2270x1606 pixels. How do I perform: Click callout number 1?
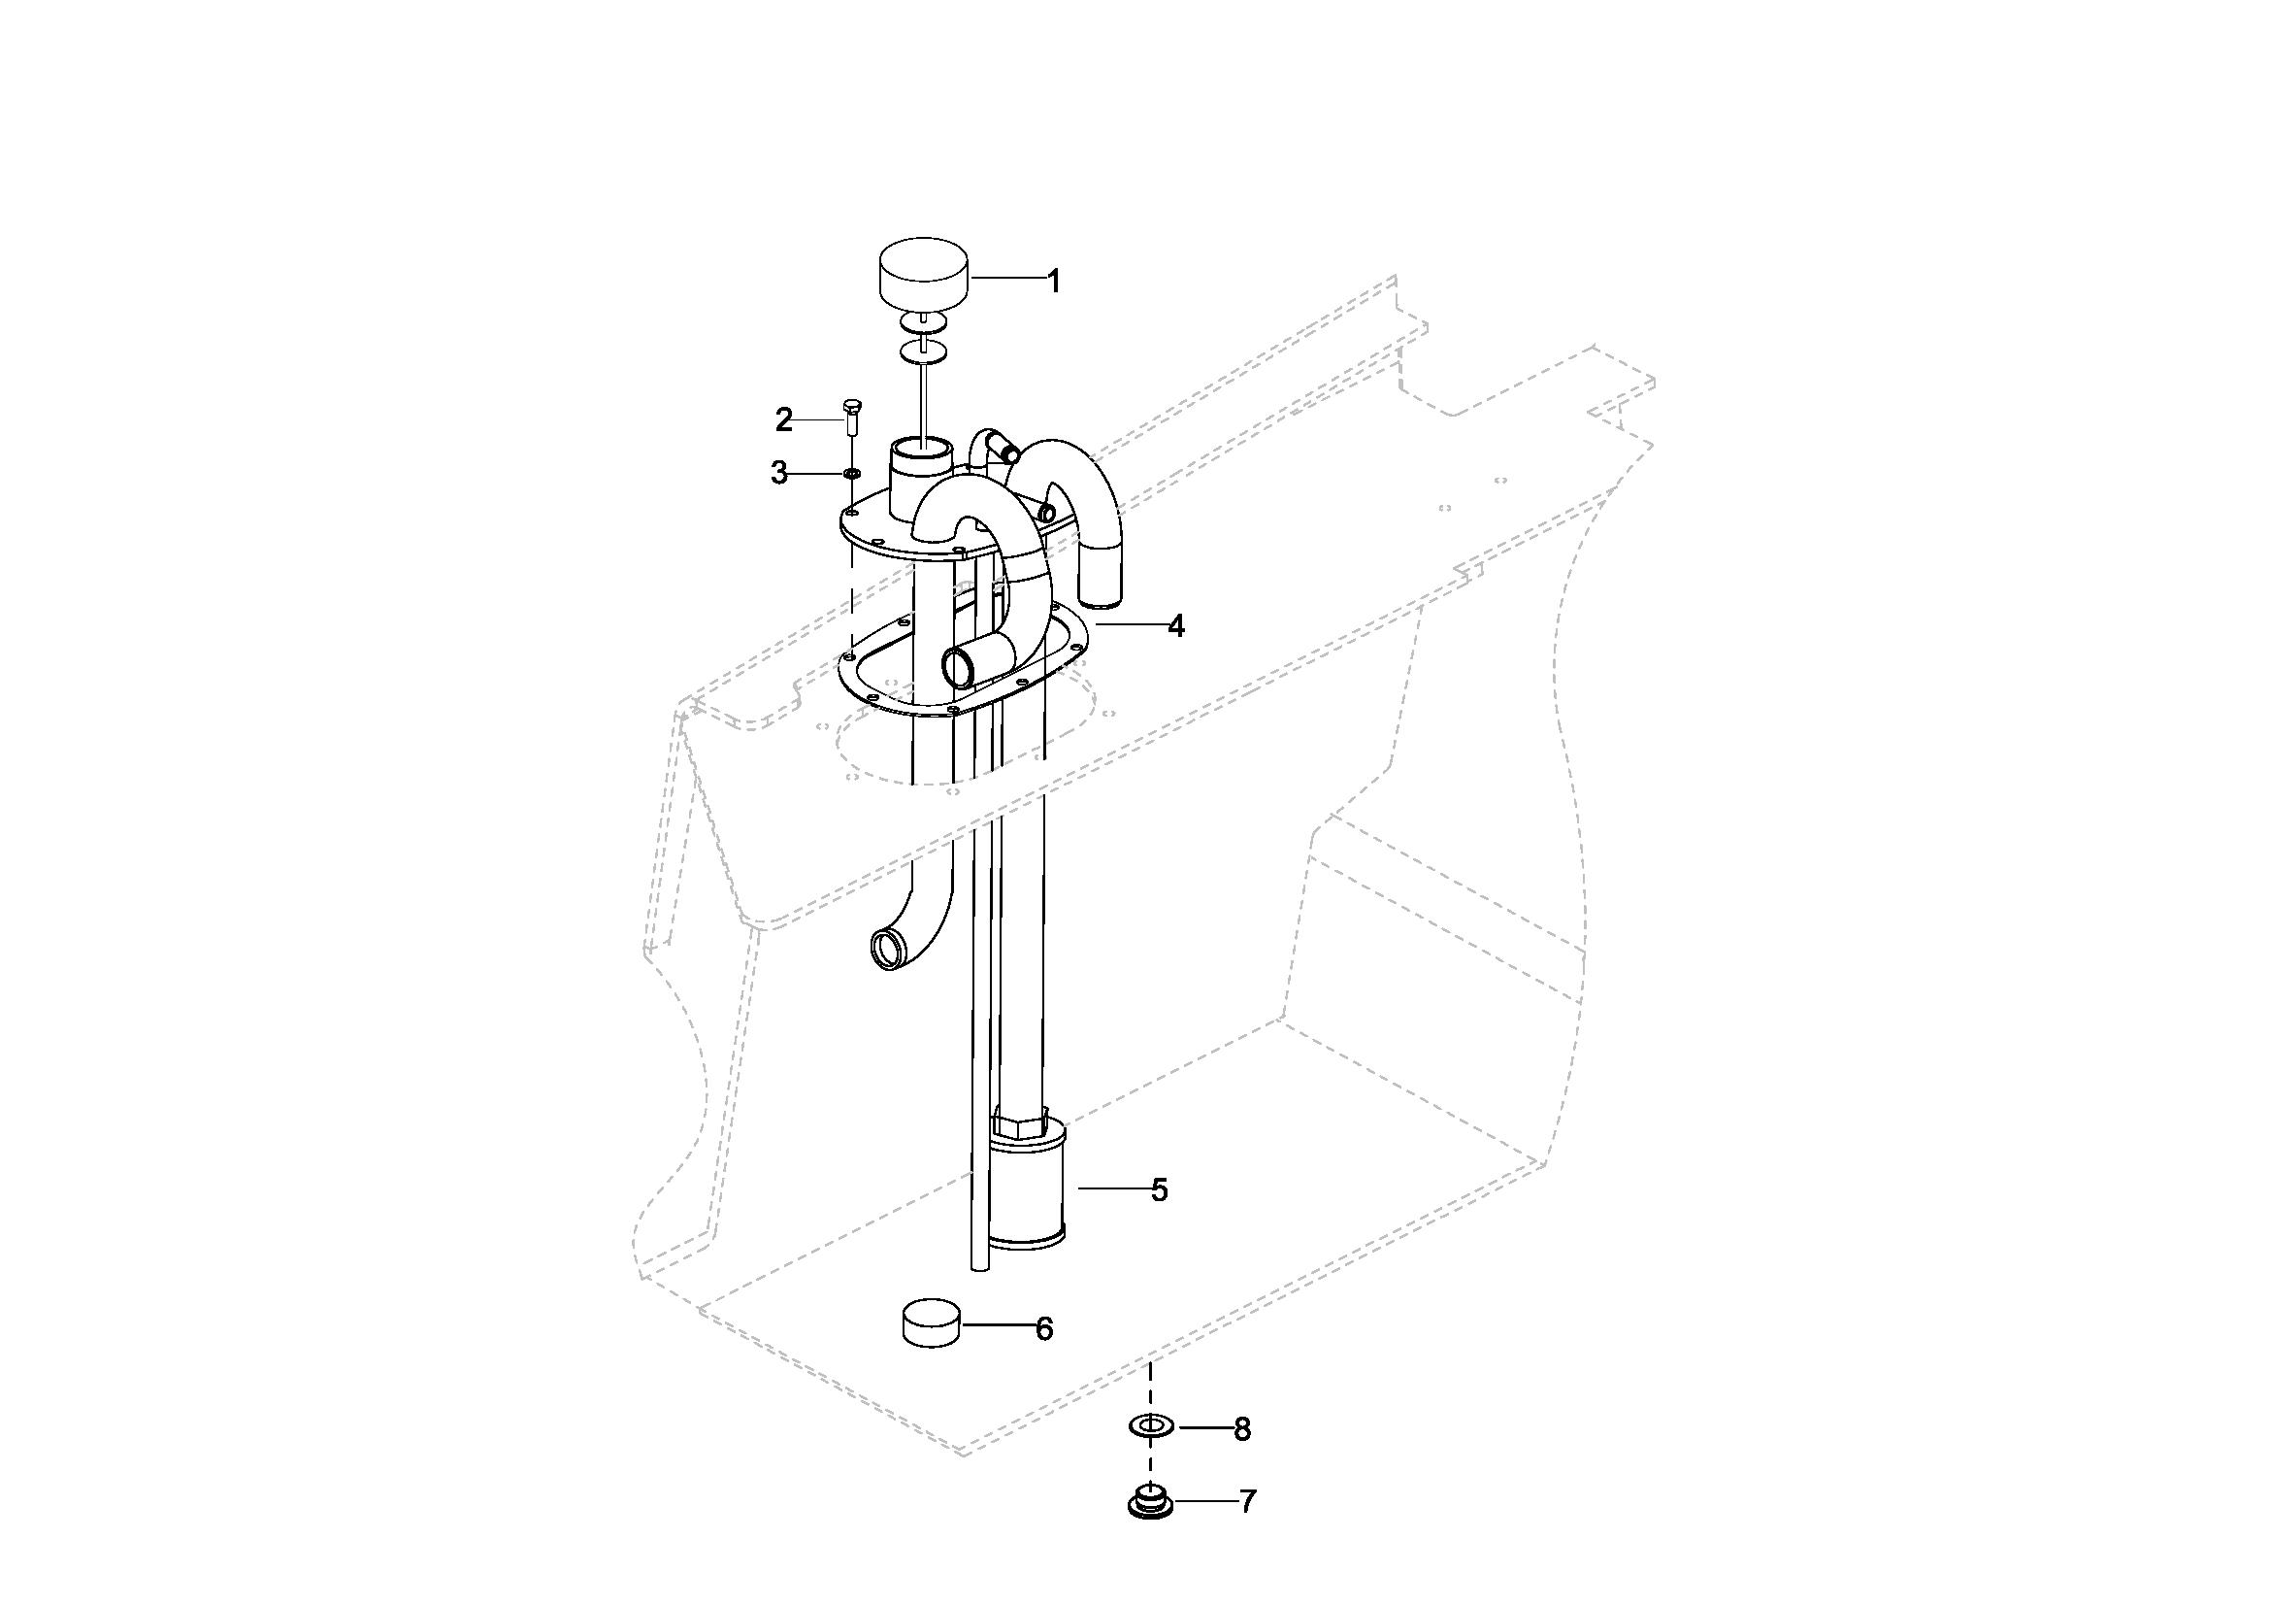click(1054, 281)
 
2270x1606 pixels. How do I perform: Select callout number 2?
click(784, 420)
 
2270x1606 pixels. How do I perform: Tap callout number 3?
click(780, 474)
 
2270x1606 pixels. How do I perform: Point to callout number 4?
click(1175, 625)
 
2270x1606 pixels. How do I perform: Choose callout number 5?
click(1160, 1189)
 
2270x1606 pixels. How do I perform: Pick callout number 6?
click(1044, 1329)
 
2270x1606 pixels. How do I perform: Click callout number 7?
click(1248, 1502)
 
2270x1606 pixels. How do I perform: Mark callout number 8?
click(1243, 1429)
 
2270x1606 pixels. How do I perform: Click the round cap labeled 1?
click(923, 274)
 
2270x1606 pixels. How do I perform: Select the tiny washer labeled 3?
click(850, 474)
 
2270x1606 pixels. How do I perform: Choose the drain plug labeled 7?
click(1150, 1502)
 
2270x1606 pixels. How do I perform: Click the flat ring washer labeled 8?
click(1150, 1426)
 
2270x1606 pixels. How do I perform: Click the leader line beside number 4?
click(1129, 625)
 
